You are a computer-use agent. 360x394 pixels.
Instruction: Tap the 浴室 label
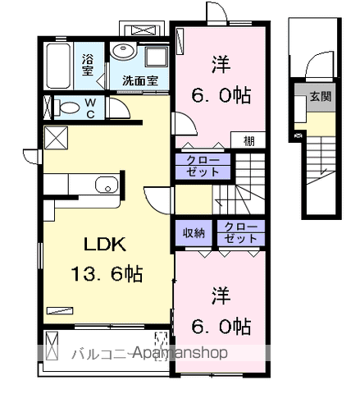(88, 64)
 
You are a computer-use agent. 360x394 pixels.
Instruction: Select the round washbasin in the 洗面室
(124, 50)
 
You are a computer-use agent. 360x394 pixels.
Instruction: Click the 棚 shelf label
(248, 140)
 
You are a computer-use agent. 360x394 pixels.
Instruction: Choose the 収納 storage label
(193, 232)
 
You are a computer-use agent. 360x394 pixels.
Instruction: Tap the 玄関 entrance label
(319, 97)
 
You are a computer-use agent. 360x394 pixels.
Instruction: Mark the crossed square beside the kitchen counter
(57, 137)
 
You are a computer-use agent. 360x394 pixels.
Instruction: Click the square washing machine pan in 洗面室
(153, 57)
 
